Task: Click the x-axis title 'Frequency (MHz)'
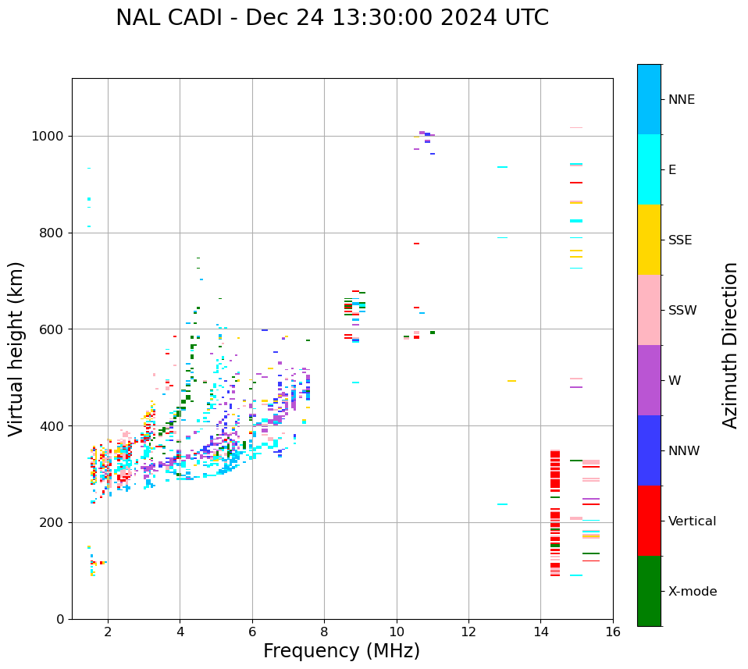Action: (341, 651)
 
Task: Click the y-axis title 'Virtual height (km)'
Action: (16, 349)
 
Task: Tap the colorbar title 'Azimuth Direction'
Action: (730, 345)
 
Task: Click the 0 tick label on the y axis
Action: (60, 619)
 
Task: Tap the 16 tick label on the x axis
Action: (612, 632)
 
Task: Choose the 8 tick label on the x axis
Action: (324, 632)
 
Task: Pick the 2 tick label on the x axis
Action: (108, 632)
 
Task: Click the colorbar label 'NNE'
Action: (681, 100)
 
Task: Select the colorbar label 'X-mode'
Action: (692, 592)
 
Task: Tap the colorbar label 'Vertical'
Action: (692, 521)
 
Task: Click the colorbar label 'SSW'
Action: (682, 311)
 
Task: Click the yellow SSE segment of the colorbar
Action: (649, 240)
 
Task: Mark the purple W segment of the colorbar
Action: (649, 380)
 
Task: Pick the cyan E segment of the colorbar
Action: (649, 169)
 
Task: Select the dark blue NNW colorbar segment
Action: (649, 450)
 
